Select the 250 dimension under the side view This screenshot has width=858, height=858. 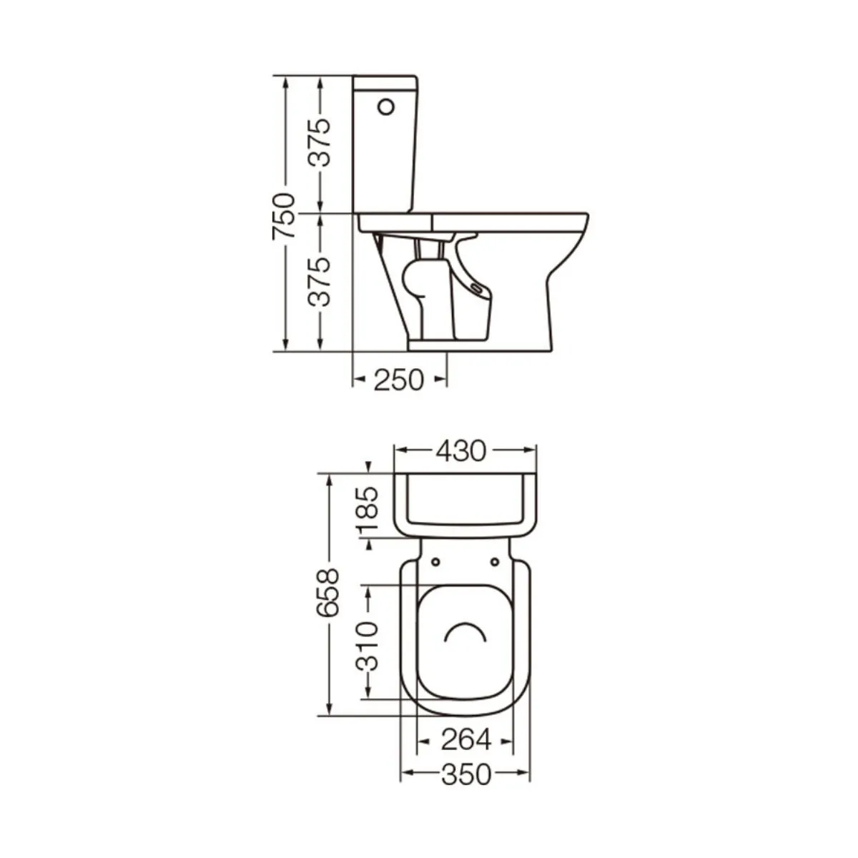[x=398, y=380]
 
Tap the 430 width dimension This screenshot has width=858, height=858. [x=460, y=450]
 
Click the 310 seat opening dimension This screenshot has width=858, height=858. [x=367, y=646]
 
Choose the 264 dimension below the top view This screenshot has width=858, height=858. [x=466, y=740]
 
